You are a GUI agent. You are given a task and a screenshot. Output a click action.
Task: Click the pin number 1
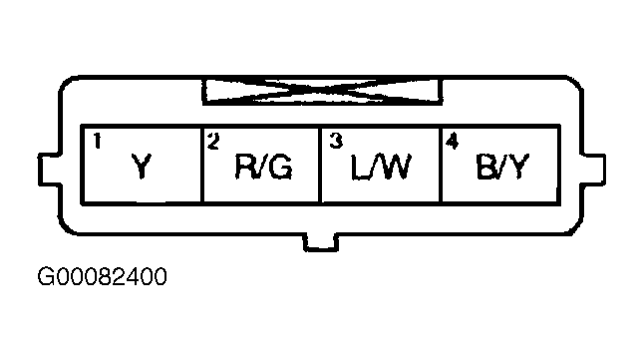pos(97,141)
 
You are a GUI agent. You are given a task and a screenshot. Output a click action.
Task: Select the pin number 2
pos(213,141)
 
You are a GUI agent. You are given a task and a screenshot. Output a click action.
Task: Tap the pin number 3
pos(336,141)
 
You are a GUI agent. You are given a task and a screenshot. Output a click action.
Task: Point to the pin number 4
pos(452,142)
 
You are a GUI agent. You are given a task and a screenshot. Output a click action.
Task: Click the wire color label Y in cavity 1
pos(142,167)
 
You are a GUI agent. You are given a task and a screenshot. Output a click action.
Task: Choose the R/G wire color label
pos(263,167)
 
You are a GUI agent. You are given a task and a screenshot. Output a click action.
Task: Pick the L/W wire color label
pos(381,167)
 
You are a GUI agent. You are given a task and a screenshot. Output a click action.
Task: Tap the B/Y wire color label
pos(502,167)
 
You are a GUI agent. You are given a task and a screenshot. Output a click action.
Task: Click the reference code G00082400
pos(102,276)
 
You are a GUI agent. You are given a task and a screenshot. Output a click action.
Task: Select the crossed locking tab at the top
pos(322,91)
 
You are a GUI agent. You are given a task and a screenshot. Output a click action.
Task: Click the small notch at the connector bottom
pos(321,242)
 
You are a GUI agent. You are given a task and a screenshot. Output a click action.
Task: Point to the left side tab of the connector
pos(49,170)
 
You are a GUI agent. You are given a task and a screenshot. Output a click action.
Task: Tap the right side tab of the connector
pos(593,170)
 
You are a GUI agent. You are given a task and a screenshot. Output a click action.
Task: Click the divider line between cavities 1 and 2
pos(202,165)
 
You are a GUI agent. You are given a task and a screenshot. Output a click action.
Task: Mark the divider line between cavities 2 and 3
pos(320,165)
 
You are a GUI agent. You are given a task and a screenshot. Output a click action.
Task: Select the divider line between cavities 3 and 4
pos(441,165)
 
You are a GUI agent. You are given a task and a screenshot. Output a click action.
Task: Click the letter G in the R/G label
pos(280,167)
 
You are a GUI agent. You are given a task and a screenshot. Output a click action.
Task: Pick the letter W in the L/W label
pos(394,167)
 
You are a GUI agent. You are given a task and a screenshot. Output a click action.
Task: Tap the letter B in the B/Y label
pos(485,167)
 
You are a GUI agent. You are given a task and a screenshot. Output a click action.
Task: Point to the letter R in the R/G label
pos(244,167)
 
